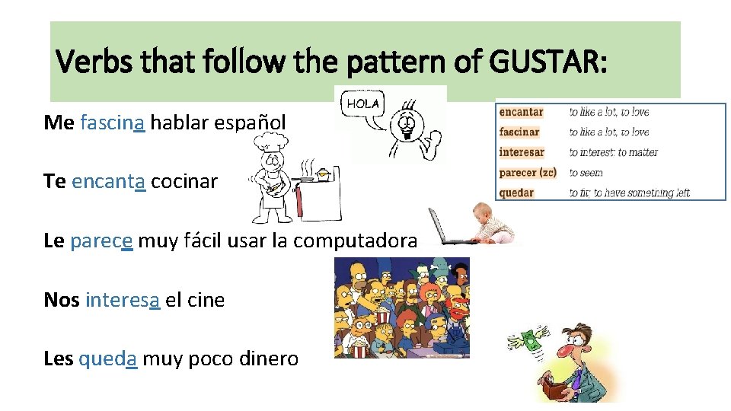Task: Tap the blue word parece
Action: click(101, 241)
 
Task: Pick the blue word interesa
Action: click(123, 300)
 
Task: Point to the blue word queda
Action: click(108, 358)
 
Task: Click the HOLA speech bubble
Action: click(364, 104)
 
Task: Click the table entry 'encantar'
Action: click(522, 112)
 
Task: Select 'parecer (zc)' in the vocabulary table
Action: click(528, 173)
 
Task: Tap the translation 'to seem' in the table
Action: click(586, 173)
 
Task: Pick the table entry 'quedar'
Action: click(517, 193)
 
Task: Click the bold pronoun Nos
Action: click(62, 300)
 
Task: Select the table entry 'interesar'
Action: click(522, 152)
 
